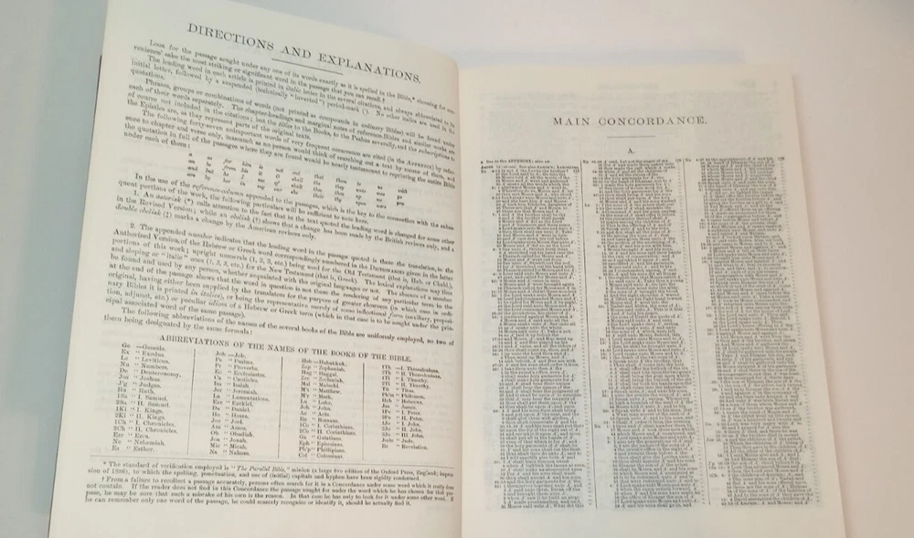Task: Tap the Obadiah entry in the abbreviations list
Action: tap(243, 433)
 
